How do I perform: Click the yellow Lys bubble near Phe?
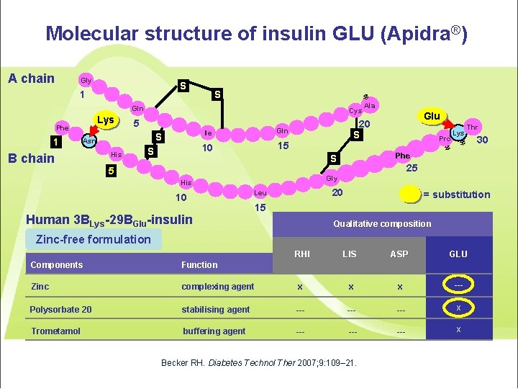(106, 120)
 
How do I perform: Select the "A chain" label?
(31, 79)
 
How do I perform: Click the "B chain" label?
(31, 158)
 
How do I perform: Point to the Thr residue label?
(473, 128)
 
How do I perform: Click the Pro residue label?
(445, 138)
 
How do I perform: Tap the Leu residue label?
(260, 193)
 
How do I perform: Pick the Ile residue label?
(207, 133)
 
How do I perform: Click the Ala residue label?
(370, 106)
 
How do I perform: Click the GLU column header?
(458, 254)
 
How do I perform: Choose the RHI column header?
(302, 254)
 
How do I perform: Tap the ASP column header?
(399, 254)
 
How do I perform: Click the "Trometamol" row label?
(55, 331)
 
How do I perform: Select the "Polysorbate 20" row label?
(60, 310)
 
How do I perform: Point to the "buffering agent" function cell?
(214, 331)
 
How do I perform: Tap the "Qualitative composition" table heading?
(382, 223)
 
